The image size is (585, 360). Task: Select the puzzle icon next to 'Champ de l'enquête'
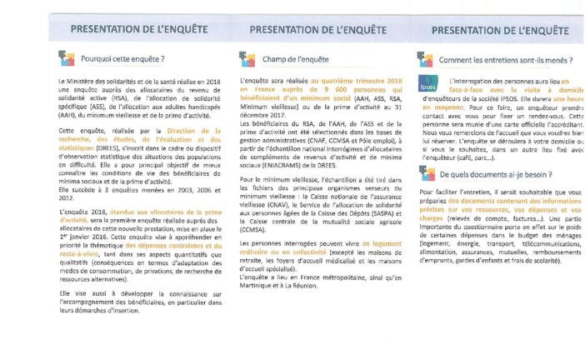(245, 58)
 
